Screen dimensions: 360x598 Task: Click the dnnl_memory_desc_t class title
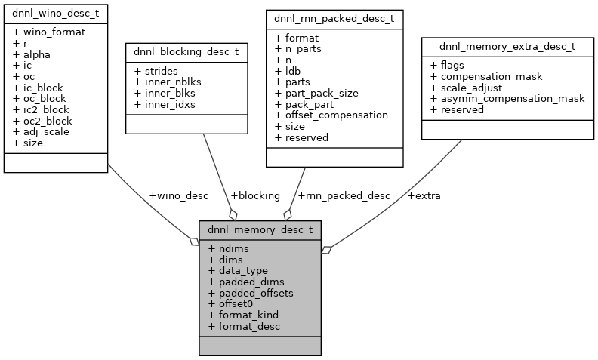260,229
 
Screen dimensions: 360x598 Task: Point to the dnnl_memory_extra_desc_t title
507,46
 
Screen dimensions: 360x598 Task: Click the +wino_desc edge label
178,195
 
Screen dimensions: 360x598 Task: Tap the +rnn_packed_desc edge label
344,195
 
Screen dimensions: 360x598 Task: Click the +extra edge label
424,195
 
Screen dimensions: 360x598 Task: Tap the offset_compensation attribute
331,115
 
